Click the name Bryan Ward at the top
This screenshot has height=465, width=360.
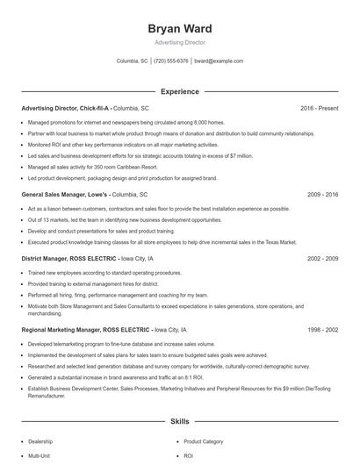click(180, 29)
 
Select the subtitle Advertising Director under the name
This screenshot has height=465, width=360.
click(180, 43)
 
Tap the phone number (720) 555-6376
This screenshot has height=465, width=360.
click(171, 61)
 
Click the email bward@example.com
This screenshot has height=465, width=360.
click(219, 61)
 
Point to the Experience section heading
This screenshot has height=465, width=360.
click(180, 91)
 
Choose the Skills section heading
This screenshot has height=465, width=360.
click(180, 422)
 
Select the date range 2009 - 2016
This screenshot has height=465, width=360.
click(323, 193)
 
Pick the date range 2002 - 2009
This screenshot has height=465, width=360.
click(323, 260)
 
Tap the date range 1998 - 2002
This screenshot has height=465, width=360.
click(323, 330)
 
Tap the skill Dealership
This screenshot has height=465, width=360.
click(40, 441)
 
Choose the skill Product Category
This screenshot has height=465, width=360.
click(203, 441)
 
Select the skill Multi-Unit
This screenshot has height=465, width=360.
click(39, 456)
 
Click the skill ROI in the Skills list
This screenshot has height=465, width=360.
click(188, 456)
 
